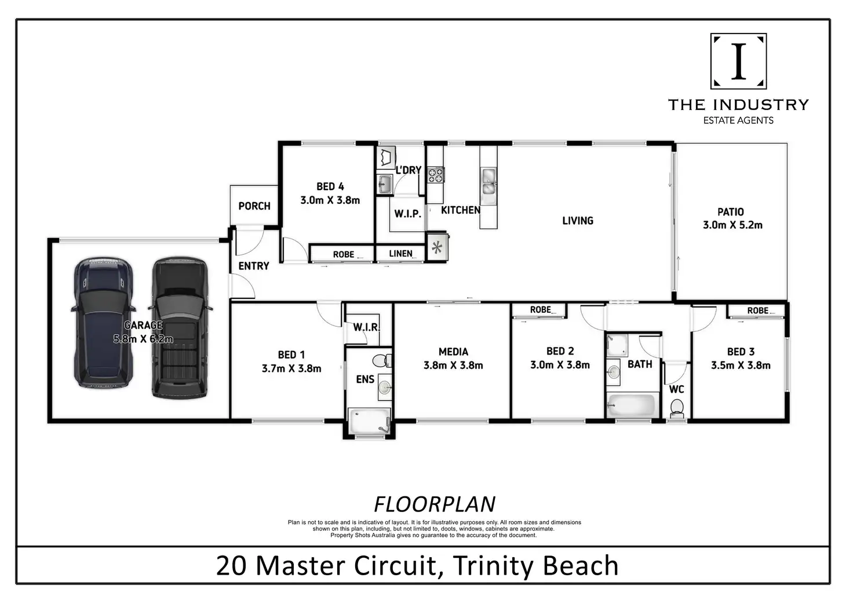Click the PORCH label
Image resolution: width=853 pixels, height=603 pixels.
[x=254, y=206]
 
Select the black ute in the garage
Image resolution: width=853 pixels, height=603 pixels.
[x=180, y=328]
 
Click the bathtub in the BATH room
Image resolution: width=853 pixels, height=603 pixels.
[x=631, y=405]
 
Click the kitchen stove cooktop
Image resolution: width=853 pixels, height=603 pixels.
[x=435, y=174]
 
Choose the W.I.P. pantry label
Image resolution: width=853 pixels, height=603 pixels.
[x=407, y=214]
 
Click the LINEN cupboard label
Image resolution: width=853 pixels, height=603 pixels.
[x=400, y=254]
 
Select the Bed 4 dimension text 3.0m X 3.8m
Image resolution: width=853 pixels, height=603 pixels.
[x=330, y=200]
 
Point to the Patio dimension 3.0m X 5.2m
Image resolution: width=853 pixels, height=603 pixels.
[x=732, y=225]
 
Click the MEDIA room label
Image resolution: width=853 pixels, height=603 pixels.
[x=453, y=352]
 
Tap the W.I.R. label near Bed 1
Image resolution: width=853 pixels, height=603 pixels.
[x=366, y=327]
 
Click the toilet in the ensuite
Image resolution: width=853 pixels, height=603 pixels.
[x=381, y=361]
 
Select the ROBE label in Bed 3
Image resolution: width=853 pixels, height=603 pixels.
[x=757, y=311]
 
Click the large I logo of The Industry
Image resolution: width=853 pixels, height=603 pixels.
[x=738, y=61]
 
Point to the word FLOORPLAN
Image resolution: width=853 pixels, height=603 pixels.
[x=435, y=505]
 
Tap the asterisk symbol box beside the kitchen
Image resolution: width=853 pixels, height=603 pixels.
[x=437, y=248]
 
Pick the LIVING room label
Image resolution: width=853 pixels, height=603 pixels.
[x=578, y=221]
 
